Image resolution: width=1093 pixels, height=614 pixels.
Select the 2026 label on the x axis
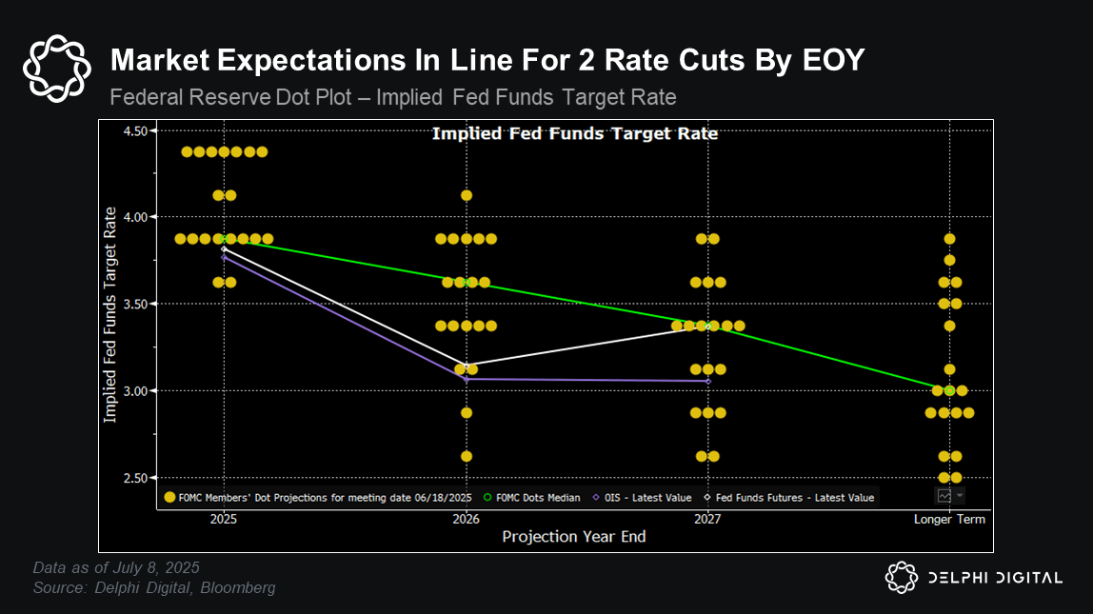tap(466, 519)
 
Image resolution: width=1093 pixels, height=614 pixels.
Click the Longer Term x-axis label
tap(949, 519)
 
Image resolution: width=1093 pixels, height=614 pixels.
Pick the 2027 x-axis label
tap(707, 519)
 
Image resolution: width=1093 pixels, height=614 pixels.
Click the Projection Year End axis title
tap(574, 537)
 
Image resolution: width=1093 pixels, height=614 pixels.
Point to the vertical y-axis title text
tap(110, 314)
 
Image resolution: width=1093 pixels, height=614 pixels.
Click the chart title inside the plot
tap(575, 133)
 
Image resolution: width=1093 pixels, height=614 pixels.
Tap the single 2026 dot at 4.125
tap(467, 195)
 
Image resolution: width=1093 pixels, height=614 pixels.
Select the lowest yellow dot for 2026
tap(467, 456)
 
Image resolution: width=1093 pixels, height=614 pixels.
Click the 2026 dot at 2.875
tap(467, 412)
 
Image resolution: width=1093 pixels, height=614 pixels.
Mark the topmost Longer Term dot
tap(949, 239)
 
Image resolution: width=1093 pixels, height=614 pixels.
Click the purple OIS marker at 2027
tap(707, 381)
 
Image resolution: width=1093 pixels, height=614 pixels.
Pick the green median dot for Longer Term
tap(949, 390)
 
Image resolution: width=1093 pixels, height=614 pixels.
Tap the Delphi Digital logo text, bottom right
tap(994, 577)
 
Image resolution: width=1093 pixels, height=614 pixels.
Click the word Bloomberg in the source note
tap(242, 588)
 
